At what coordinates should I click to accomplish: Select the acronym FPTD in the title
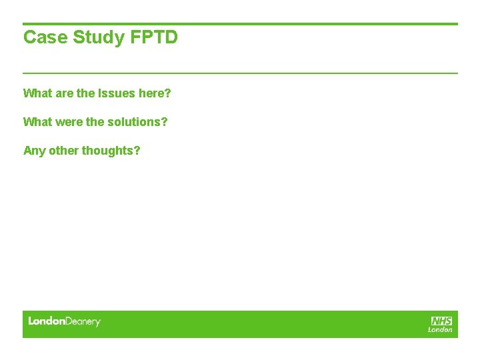(154, 37)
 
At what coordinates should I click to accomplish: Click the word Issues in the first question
(117, 93)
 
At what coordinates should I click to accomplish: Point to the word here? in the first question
(155, 93)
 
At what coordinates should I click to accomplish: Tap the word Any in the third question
(34, 151)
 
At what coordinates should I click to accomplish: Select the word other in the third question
(63, 151)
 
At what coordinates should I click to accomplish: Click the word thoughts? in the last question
(111, 151)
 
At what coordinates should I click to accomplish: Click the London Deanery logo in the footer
(64, 322)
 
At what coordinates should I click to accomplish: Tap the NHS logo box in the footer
(441, 321)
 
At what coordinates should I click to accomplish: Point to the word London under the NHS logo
(440, 329)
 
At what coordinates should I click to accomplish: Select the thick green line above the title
(240, 24)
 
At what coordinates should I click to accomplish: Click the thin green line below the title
(240, 73)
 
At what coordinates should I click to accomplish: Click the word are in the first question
(65, 93)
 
